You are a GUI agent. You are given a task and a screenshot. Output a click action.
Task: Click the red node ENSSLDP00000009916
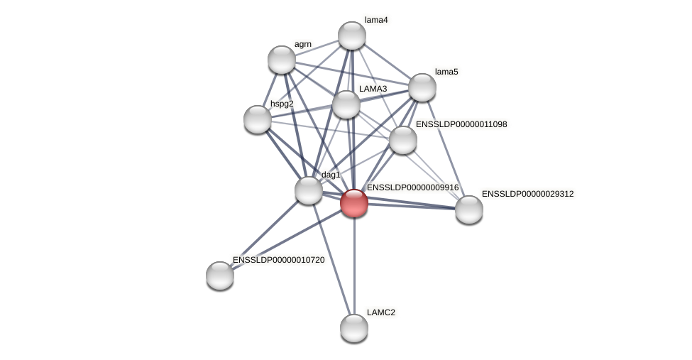pyautogui.click(x=354, y=203)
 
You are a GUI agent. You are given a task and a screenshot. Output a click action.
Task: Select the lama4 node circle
pyautogui.click(x=352, y=36)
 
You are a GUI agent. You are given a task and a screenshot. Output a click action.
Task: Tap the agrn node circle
pyautogui.click(x=282, y=60)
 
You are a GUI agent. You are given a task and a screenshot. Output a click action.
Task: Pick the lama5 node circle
pyautogui.click(x=422, y=87)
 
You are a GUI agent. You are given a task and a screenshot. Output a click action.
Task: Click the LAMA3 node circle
pyautogui.click(x=346, y=104)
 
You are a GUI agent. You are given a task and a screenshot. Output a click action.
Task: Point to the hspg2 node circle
pyautogui.click(x=258, y=119)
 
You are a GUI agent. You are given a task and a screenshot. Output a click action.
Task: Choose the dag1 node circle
pyautogui.click(x=309, y=190)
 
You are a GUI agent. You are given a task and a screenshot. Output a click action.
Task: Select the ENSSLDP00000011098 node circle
pyautogui.click(x=403, y=140)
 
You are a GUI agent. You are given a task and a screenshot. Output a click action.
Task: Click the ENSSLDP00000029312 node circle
pyautogui.click(x=469, y=209)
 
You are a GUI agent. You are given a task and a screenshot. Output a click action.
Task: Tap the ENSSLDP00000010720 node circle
pyautogui.click(x=220, y=276)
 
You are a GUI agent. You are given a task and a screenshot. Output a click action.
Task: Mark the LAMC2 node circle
pyautogui.click(x=354, y=328)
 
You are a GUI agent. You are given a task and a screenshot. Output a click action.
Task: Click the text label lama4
pyautogui.click(x=376, y=20)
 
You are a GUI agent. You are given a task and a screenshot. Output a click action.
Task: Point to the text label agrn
pyautogui.click(x=303, y=44)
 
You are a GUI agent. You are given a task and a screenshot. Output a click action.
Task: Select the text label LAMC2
pyautogui.click(x=381, y=312)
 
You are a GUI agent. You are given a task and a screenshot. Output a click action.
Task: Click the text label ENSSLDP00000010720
pyautogui.click(x=278, y=260)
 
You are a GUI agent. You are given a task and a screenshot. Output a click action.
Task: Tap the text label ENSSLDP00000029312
pyautogui.click(x=527, y=194)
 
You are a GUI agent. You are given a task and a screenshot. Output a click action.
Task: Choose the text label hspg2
pyautogui.click(x=282, y=104)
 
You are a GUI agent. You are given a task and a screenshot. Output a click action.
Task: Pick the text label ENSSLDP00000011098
pyautogui.click(x=461, y=124)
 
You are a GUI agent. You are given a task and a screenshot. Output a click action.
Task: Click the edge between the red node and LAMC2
pyautogui.click(x=354, y=266)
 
